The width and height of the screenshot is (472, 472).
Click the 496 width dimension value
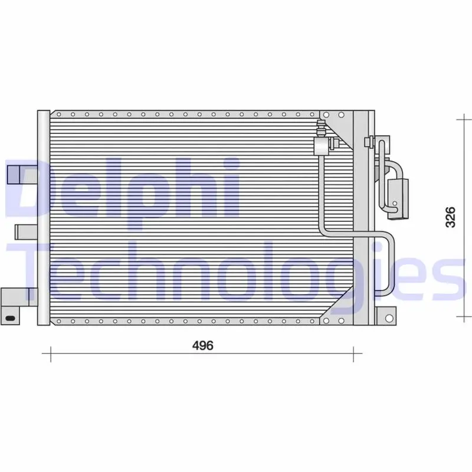[x=202, y=346]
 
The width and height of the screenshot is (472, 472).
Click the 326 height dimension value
[x=449, y=218]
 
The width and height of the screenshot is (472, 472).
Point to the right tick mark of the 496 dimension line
[x=353, y=355]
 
